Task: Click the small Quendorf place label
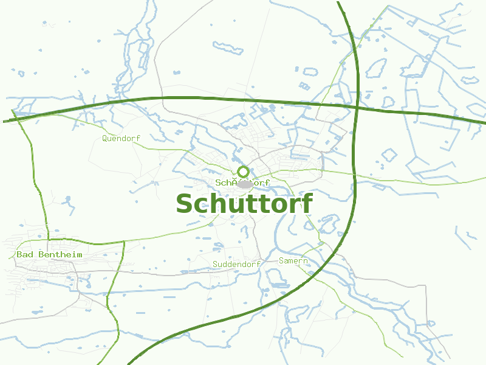click(x=121, y=138)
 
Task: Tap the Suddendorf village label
click(x=236, y=264)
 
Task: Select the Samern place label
click(x=293, y=260)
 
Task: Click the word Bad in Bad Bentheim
click(x=25, y=254)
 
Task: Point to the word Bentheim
click(x=60, y=254)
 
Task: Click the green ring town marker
click(x=244, y=172)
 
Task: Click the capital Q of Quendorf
click(x=105, y=138)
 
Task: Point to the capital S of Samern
click(x=281, y=260)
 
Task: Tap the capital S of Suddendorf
click(x=215, y=264)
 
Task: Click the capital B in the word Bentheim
click(x=41, y=254)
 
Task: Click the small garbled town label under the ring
click(x=242, y=182)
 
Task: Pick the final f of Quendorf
click(x=138, y=138)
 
